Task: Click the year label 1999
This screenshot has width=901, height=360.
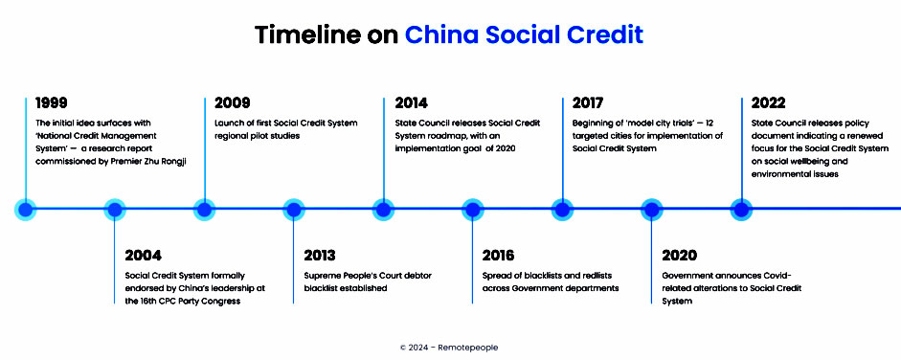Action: [x=51, y=103]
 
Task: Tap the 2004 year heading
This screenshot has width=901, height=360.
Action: [x=143, y=255]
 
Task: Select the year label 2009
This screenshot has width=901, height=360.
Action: [x=232, y=103]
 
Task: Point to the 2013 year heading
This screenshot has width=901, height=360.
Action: [x=320, y=255]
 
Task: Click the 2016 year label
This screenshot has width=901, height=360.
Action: [x=498, y=255]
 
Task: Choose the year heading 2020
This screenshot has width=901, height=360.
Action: [x=679, y=255]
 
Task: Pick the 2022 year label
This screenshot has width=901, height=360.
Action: [x=768, y=103]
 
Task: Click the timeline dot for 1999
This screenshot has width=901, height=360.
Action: [x=25, y=210]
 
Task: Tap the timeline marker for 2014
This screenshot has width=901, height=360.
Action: [x=383, y=210]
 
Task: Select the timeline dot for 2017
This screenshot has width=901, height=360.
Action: [x=563, y=210]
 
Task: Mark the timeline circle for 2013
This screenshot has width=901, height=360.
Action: [x=294, y=210]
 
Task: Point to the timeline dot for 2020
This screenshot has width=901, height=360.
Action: [x=652, y=210]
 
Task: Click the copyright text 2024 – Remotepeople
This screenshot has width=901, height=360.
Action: [x=449, y=348]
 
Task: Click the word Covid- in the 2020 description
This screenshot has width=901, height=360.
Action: [x=778, y=276]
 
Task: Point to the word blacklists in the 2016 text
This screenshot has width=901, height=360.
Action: [x=535, y=276]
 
